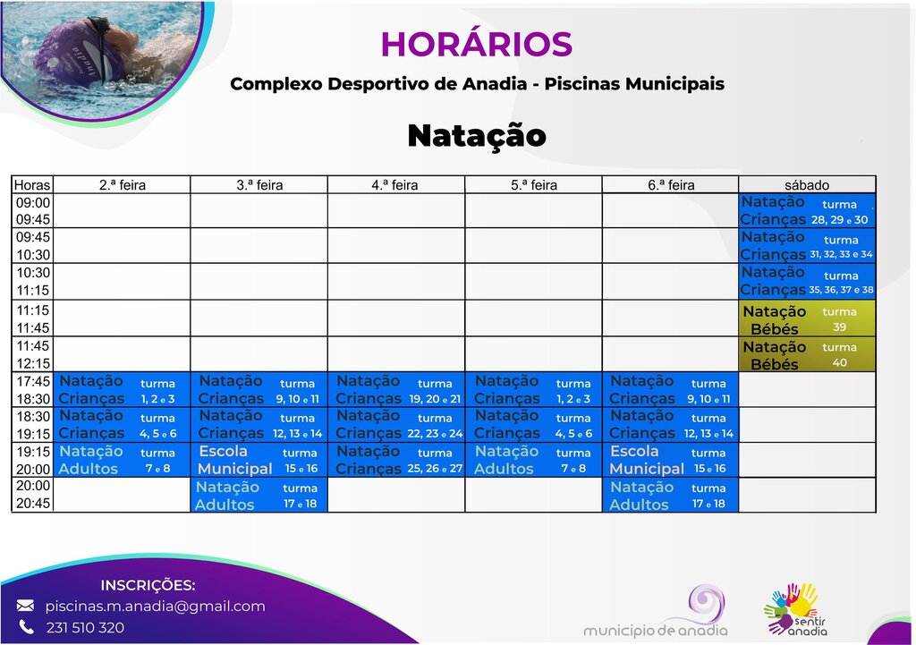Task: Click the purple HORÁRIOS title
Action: [x=476, y=44]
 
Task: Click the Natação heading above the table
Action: [x=476, y=136]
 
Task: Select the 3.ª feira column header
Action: [x=259, y=185]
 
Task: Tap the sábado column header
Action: [x=808, y=185]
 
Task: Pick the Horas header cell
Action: [x=32, y=185]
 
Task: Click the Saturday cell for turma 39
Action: [x=808, y=319]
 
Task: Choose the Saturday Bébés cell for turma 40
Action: [x=808, y=355]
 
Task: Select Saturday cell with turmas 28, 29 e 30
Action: [x=808, y=211]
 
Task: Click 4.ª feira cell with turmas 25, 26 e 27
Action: [x=396, y=460]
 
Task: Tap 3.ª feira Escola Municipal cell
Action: [x=259, y=460]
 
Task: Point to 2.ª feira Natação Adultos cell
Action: [x=123, y=460]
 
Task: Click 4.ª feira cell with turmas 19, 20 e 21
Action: [x=396, y=390]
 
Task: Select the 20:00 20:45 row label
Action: [x=34, y=495]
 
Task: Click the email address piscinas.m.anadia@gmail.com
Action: [x=156, y=607]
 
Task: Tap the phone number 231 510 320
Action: [x=85, y=628]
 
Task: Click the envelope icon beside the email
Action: [x=26, y=607]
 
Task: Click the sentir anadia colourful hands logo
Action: [x=792, y=609]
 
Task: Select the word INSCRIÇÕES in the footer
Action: [x=148, y=586]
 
